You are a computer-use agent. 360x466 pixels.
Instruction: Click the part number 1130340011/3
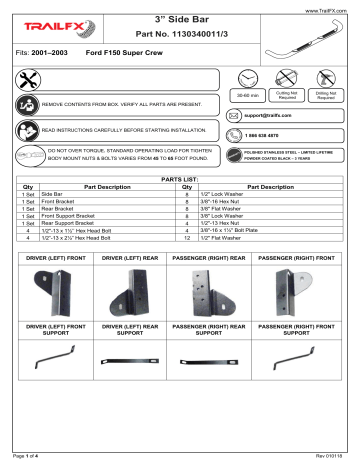183,37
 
